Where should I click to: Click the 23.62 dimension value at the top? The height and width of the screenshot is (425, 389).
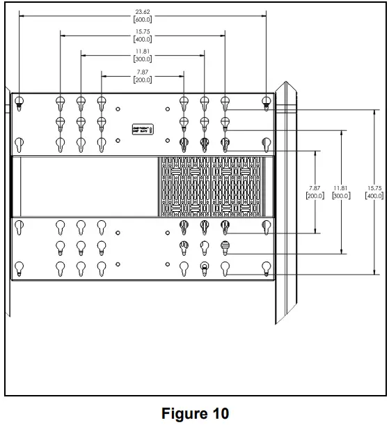(142, 12)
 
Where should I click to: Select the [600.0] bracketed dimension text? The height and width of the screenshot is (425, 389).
(142, 19)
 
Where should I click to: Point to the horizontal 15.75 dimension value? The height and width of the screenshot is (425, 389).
(142, 32)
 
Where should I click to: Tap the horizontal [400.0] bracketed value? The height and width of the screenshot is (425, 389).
(142, 39)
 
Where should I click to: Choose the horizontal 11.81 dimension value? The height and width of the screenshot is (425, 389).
(142, 52)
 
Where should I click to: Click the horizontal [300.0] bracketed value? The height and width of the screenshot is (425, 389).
(142, 59)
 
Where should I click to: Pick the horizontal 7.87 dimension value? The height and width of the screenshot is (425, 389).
(142, 72)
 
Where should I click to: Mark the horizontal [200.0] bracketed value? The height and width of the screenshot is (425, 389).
(142, 79)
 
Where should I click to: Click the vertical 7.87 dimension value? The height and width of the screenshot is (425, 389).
(315, 188)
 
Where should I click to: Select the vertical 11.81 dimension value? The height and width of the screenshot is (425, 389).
(340, 188)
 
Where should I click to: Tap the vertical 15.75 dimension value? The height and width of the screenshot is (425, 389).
(374, 188)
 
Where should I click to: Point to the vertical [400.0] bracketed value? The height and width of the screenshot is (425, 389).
(374, 196)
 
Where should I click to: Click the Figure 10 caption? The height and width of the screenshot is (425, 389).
(194, 413)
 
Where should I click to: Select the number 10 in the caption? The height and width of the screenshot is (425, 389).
(219, 413)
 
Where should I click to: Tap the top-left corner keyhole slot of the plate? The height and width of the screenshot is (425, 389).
(19, 102)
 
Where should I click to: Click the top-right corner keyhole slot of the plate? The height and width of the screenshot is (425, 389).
(266, 102)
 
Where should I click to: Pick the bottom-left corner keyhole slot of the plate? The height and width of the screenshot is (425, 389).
(19, 267)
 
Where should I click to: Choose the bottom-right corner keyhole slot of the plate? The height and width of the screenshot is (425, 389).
(266, 267)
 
